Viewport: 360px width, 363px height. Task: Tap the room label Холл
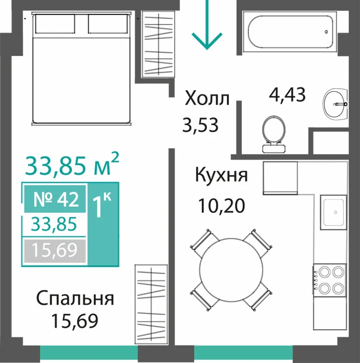pos(207,98)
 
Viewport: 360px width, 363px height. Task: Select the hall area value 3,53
pos(200,125)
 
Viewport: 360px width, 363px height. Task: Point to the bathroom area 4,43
pos(287,95)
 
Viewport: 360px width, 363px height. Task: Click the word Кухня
pos(221,175)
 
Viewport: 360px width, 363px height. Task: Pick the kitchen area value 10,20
pos(222,206)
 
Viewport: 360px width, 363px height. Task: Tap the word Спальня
pos(75,298)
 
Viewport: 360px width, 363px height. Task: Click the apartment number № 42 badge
pos(55,199)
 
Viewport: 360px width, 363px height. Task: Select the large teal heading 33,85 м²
pos(72,165)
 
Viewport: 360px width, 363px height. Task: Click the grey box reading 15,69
pos(55,251)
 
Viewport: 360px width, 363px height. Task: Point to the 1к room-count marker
pos(102,205)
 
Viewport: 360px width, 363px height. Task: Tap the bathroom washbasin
pos(335,105)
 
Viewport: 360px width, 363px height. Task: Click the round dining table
pos(231,270)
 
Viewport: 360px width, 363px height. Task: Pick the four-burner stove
pos(330,280)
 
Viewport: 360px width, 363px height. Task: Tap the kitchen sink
pos(334,212)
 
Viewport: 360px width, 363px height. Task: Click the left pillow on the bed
pos(55,24)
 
